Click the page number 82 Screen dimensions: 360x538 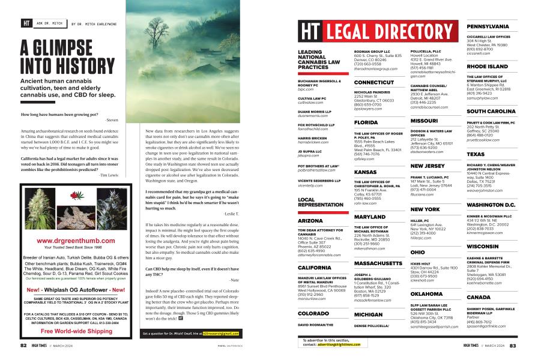(x=23, y=346)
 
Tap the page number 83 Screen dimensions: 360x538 (x=513, y=346)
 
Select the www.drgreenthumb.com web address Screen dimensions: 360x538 (x=76, y=241)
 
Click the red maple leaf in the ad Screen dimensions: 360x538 (x=76, y=196)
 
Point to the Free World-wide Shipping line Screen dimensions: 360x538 (x=76, y=331)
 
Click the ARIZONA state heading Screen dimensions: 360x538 (x=310, y=221)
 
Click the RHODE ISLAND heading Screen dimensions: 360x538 (x=487, y=67)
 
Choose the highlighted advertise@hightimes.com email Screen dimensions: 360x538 (x=339, y=345)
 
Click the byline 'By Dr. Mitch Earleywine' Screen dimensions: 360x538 (x=98, y=25)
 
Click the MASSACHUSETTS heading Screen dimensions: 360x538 (x=378, y=247)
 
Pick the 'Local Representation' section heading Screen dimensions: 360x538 (x=320, y=202)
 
